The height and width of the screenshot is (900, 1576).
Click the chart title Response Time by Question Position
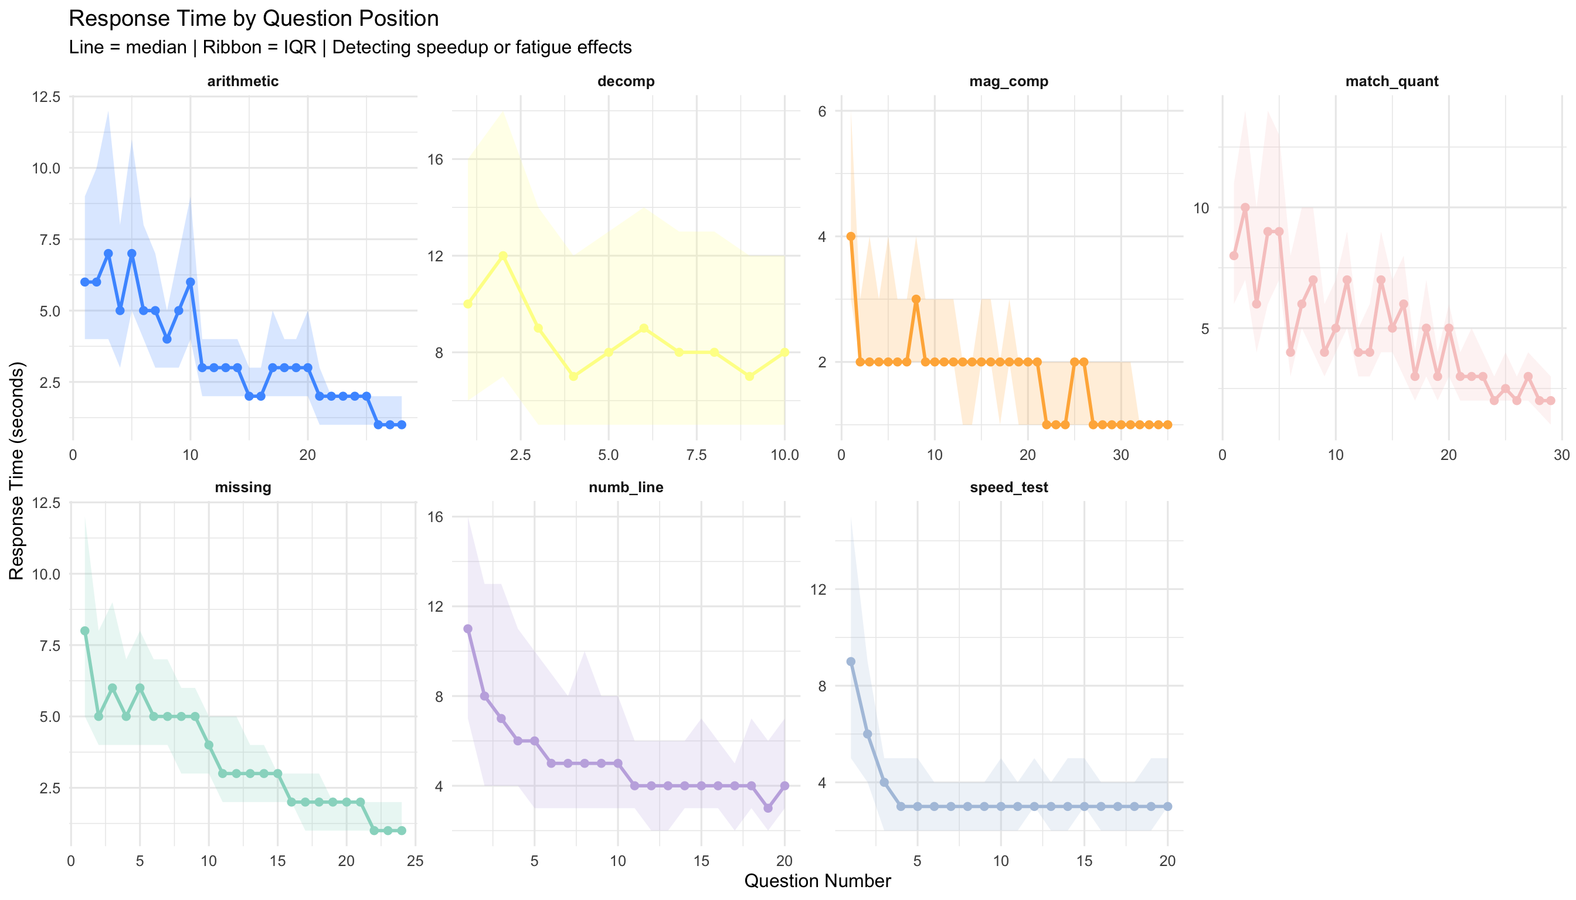pos(254,19)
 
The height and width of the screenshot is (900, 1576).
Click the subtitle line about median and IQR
pos(350,47)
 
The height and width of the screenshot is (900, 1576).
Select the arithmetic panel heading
pos(243,81)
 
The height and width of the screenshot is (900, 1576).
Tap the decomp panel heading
pos(626,81)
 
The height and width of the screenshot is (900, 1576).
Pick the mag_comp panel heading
pos(1008,81)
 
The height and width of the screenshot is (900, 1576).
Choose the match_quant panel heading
pos(1392,81)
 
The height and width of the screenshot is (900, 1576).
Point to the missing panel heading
pos(243,487)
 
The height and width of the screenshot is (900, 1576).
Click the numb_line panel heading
pos(626,487)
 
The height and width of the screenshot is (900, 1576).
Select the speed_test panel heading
pos(1008,487)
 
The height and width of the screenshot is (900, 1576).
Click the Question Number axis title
pos(817,881)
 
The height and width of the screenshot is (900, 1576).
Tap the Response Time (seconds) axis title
pos(16,471)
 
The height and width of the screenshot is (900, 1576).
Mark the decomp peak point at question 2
pos(503,255)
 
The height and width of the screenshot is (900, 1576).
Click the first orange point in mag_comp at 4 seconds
pos(851,236)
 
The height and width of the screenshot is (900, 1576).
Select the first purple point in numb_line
pos(468,629)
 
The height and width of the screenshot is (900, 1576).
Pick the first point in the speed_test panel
pos(851,662)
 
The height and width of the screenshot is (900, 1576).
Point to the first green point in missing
pos(85,630)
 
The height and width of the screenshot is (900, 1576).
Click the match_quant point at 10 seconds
pos(1245,207)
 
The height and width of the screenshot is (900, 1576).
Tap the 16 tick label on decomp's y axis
pos(436,159)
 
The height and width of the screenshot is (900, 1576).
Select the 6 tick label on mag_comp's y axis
pos(822,112)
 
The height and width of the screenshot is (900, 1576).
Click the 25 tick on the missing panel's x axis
pos(416,862)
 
